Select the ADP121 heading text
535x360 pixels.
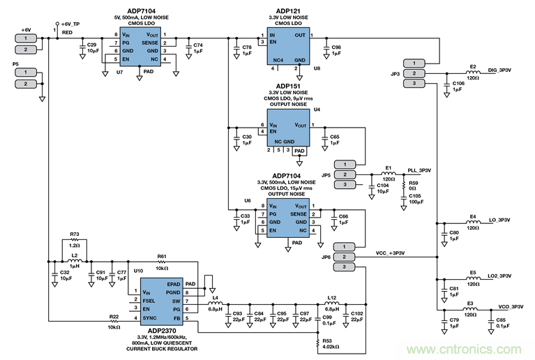click(x=289, y=10)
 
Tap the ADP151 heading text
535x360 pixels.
click(x=289, y=87)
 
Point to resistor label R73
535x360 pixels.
click(x=75, y=234)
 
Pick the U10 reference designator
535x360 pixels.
click(x=138, y=269)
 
